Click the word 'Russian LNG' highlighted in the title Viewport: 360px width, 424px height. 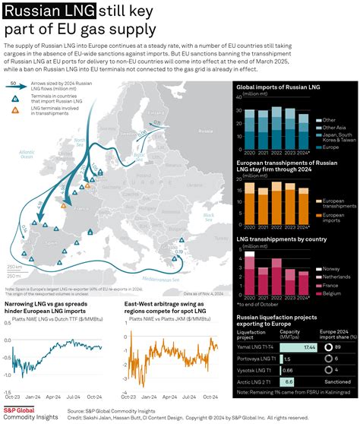point(49,11)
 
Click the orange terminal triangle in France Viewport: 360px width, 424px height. point(63,205)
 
